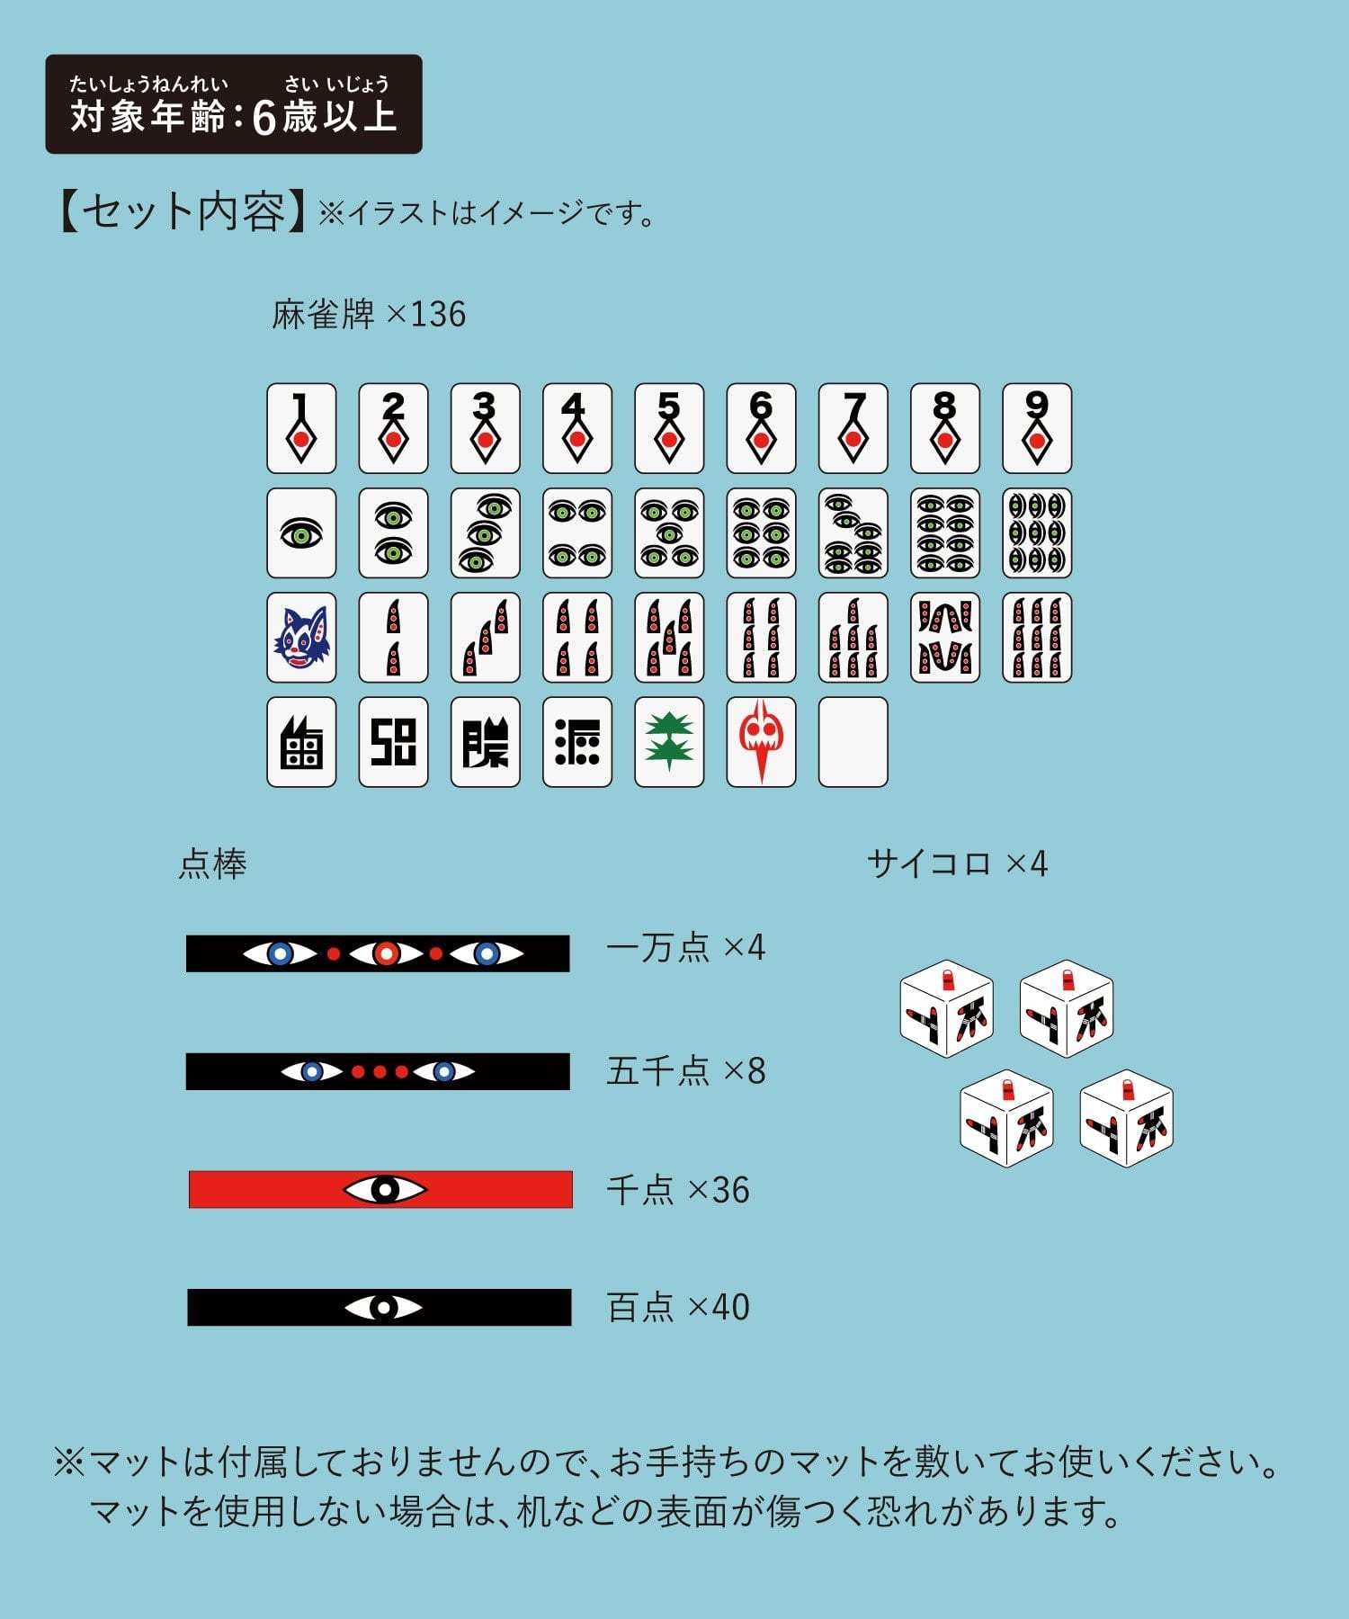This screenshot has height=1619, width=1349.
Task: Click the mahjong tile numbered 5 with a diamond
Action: point(668,428)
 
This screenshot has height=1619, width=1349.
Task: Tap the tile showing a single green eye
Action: point(301,533)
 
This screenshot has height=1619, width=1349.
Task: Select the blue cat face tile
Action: point(301,637)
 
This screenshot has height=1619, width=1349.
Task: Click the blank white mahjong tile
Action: point(853,742)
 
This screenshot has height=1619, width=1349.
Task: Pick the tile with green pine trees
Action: point(668,742)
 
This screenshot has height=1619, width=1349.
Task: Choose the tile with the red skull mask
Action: point(761,742)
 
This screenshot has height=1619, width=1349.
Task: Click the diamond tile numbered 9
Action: point(1037,428)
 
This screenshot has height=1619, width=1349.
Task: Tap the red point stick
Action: point(380,1189)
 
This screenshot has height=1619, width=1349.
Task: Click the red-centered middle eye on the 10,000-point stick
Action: point(386,953)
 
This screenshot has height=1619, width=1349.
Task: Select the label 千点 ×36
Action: point(678,1190)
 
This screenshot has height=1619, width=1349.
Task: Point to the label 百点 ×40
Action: point(678,1307)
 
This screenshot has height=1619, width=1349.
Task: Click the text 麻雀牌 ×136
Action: point(369,315)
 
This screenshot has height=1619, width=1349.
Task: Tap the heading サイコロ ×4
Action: point(957,863)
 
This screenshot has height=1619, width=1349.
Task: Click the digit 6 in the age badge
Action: point(264,118)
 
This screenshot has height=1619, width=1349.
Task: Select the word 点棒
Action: point(213,864)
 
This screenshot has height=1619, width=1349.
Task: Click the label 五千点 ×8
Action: point(686,1071)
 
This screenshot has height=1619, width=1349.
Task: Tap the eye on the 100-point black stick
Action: point(383,1307)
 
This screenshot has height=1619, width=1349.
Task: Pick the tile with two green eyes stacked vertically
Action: point(393,533)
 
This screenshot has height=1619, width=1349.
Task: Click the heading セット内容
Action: point(183,212)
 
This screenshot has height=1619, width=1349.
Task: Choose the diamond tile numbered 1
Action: point(301,428)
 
